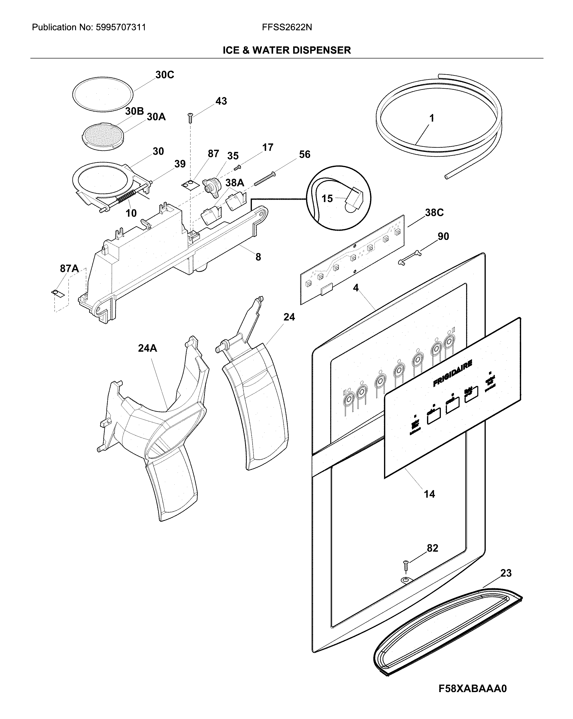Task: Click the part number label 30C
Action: coord(165,75)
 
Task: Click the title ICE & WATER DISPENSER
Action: coord(287,50)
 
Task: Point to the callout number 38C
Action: coord(434,213)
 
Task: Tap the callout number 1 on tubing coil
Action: coord(432,118)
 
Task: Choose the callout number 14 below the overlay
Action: coord(429,494)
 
